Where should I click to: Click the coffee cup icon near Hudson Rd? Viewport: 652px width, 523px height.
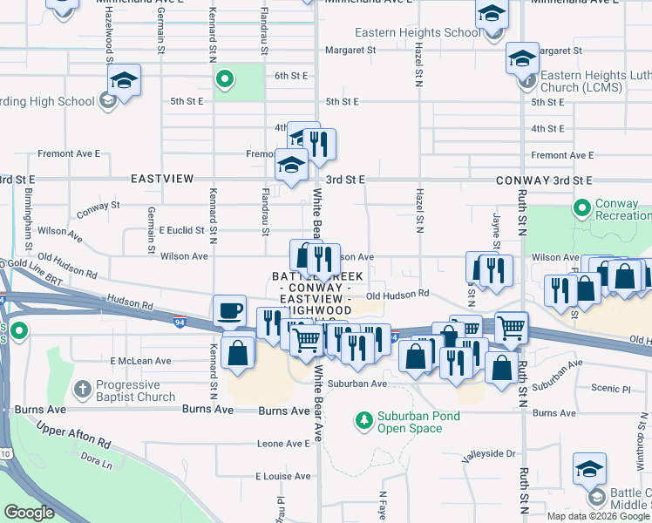tap(231, 310)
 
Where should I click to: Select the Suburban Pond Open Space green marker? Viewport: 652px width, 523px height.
tap(363, 422)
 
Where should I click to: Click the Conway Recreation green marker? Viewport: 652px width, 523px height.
tap(581, 209)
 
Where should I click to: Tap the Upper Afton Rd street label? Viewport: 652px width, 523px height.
tap(72, 436)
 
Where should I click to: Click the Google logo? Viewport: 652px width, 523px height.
tap(30, 513)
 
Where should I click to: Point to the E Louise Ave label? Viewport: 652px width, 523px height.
tap(282, 477)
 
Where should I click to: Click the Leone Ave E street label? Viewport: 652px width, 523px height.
tap(283, 444)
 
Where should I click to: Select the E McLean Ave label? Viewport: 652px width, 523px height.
tap(141, 361)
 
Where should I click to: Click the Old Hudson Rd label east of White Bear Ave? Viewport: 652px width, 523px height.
tap(397, 295)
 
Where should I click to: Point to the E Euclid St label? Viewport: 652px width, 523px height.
tap(181, 231)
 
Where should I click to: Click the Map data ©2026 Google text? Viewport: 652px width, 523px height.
tap(598, 515)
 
